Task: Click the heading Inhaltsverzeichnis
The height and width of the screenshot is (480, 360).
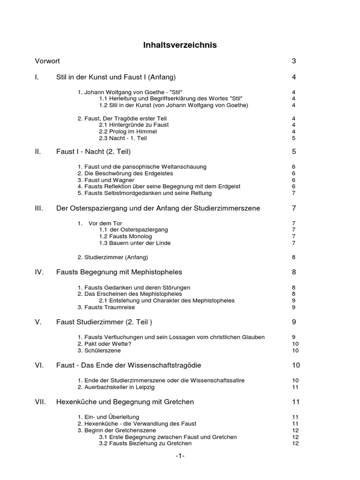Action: [180, 45]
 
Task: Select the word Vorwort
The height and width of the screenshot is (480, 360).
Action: [47, 61]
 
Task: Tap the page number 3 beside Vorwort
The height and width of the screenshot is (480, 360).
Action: [294, 61]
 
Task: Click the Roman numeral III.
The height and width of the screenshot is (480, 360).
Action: [39, 208]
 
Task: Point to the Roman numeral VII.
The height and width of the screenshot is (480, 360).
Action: [40, 402]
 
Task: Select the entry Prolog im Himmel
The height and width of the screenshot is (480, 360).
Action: [122, 132]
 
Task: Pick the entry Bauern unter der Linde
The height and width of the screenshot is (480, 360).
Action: [135, 243]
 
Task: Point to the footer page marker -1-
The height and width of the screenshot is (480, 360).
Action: [180, 456]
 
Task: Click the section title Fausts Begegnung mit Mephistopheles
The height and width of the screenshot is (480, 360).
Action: [119, 272]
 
